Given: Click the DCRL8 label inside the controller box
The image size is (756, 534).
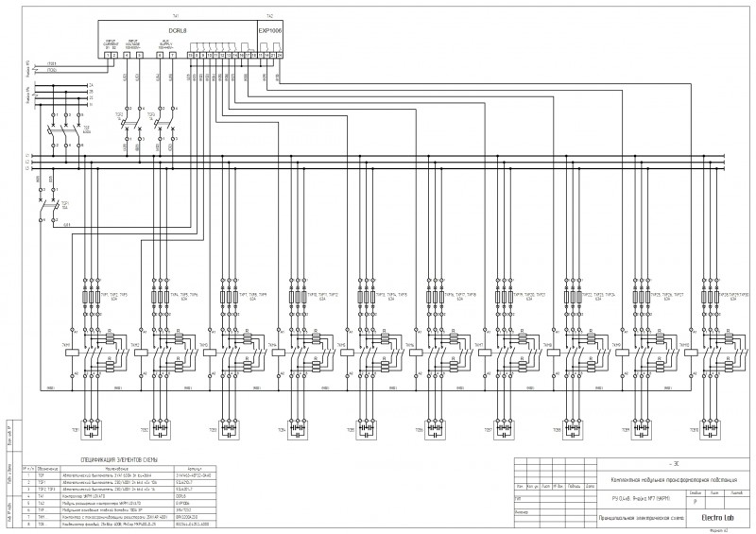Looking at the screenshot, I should [176, 30].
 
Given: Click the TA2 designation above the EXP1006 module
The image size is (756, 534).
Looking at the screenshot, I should [270, 17].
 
